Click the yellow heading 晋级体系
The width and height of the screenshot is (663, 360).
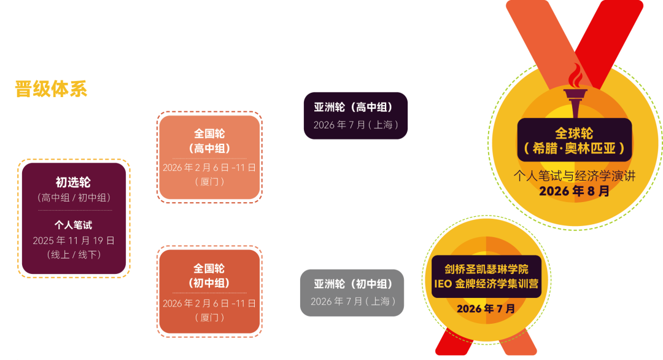coord(51,89)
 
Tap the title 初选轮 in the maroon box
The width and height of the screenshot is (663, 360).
coord(73,182)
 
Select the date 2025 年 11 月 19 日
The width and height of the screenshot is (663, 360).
coord(74,241)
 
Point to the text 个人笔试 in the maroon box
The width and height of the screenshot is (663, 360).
coord(73,225)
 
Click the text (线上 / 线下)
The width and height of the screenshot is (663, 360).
coord(74,254)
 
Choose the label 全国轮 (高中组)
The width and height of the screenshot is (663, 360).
coord(209,141)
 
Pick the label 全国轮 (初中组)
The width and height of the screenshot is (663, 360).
coord(209,276)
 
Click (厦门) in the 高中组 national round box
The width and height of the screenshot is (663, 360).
coord(209,181)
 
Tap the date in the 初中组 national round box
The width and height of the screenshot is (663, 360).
coord(209,303)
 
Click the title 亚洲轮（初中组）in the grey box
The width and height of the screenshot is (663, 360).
coord(353,284)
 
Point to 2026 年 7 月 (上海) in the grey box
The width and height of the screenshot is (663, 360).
coord(353,301)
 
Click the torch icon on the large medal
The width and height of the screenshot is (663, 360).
coord(575,92)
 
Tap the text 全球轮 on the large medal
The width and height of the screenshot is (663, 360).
coord(574,133)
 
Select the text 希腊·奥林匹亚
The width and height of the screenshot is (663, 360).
coord(575,149)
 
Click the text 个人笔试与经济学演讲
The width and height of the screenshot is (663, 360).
coord(575,176)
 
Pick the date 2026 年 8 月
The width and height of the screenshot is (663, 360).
coord(575,191)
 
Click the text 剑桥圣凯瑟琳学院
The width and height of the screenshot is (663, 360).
coord(486,269)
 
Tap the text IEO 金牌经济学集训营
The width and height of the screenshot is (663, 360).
coord(486,284)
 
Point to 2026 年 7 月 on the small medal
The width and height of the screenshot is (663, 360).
coord(486,308)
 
